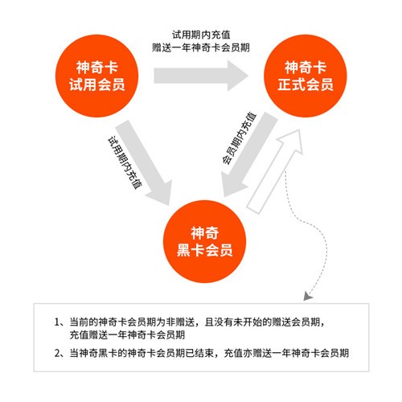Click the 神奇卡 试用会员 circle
point(96,76)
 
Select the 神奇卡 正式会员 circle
point(306,76)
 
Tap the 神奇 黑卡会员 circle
point(204,241)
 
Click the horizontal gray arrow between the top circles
point(201,76)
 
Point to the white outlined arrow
point(276,170)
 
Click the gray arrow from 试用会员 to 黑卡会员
point(145,163)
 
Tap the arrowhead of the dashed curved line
point(308,296)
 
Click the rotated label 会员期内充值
point(239,138)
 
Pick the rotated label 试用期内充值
point(125,163)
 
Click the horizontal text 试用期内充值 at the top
point(201,35)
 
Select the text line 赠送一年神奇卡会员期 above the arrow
point(201,47)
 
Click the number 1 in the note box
point(57,322)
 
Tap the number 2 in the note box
point(57,353)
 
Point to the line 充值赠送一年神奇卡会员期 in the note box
point(127,334)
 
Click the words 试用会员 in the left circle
point(96,84)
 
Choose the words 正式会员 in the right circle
point(306,84)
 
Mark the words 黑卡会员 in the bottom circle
point(204,250)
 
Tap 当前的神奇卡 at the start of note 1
point(98,322)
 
